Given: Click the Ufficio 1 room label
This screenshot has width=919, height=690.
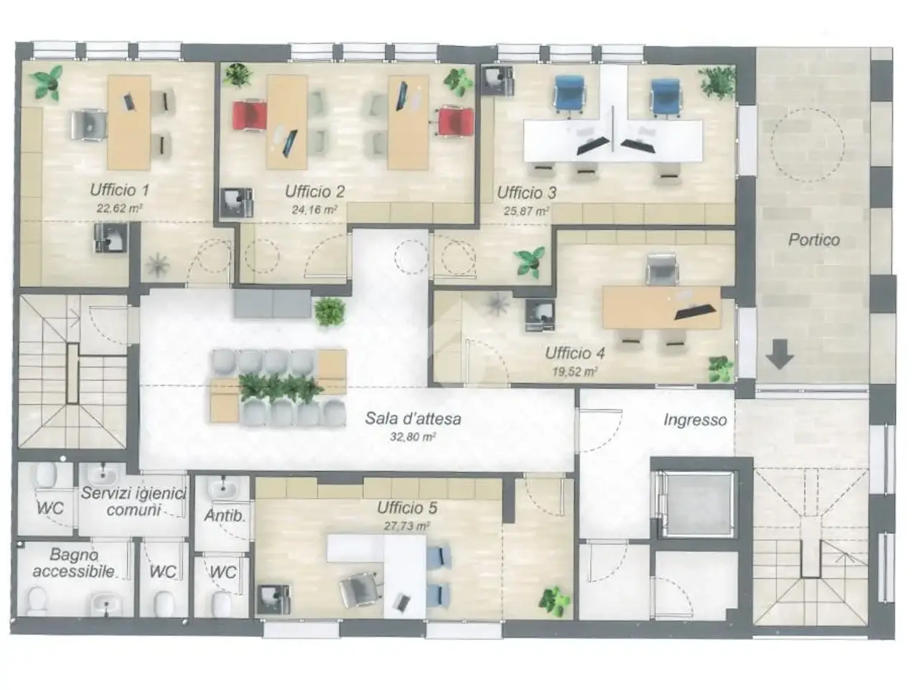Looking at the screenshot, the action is (x=119, y=190).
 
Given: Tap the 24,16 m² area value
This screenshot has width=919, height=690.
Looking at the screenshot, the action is (x=314, y=209).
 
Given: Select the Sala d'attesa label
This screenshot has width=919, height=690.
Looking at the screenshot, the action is (x=413, y=418).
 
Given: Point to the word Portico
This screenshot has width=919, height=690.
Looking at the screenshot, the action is (x=814, y=239).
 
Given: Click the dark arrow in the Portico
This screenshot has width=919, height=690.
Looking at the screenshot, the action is (x=780, y=354).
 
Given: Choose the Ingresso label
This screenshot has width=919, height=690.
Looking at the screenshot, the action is (x=695, y=420).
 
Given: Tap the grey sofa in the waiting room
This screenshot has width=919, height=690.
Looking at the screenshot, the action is (x=273, y=304).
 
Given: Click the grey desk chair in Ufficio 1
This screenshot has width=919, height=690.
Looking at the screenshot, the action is (x=88, y=124).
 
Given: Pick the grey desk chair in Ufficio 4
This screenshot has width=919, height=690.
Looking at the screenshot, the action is (x=661, y=270).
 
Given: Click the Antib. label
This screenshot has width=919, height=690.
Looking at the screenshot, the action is (x=225, y=516).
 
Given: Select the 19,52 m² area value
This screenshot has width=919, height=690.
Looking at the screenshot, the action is (x=574, y=372).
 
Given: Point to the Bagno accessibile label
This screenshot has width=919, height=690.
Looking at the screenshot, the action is (x=74, y=563).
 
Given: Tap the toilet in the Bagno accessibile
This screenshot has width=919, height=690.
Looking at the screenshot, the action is (x=37, y=600).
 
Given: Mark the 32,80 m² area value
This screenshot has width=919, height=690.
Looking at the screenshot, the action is (x=413, y=437).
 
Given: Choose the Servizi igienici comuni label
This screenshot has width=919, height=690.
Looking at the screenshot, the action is (x=134, y=502).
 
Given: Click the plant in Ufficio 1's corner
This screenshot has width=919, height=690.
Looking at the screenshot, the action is (x=47, y=83).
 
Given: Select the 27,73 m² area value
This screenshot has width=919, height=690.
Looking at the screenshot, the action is (x=406, y=526).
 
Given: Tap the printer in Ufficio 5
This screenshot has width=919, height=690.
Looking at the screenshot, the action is (x=274, y=599).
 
